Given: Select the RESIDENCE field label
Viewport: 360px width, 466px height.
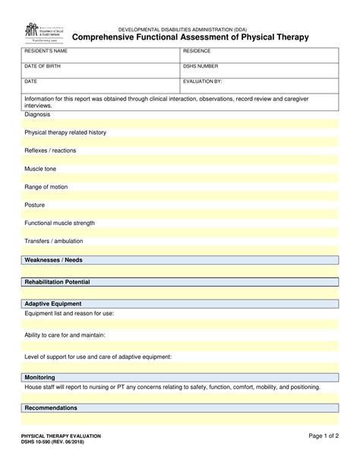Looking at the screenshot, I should point(199,51).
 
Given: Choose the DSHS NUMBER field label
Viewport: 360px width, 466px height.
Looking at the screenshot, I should point(201,65).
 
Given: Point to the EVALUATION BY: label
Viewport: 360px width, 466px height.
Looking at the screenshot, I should point(203,80).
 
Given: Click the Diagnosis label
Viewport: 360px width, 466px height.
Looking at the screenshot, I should point(38,114).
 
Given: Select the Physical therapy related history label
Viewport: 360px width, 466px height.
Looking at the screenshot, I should point(65,132).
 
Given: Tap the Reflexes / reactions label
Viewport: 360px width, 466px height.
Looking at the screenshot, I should point(50,151).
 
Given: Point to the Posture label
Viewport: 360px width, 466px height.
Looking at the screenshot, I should point(35,205).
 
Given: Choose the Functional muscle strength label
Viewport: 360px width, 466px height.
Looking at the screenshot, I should point(60,223).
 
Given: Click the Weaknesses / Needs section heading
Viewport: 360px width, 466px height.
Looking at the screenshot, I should point(54,260).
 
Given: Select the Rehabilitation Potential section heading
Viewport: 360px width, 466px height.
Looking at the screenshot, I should point(58,282).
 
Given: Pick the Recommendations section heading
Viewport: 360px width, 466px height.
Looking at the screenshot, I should point(51,407).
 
